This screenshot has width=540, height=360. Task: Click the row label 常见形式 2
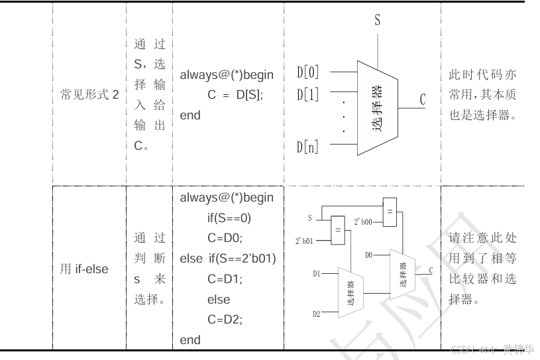(x=89, y=95)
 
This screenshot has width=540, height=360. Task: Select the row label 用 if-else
(x=84, y=269)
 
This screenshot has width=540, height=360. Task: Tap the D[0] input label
(x=307, y=72)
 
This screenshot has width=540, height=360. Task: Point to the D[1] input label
(x=307, y=94)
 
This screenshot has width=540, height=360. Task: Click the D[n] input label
(x=307, y=147)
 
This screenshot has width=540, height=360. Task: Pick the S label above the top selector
(x=378, y=20)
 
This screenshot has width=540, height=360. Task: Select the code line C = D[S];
(x=235, y=95)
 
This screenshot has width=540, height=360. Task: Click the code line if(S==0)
(x=229, y=217)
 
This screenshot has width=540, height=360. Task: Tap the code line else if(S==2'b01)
(x=228, y=259)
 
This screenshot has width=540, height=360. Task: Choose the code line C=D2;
(x=225, y=320)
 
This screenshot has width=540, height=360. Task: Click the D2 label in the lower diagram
(x=317, y=313)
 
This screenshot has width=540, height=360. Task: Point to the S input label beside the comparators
(x=309, y=217)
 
